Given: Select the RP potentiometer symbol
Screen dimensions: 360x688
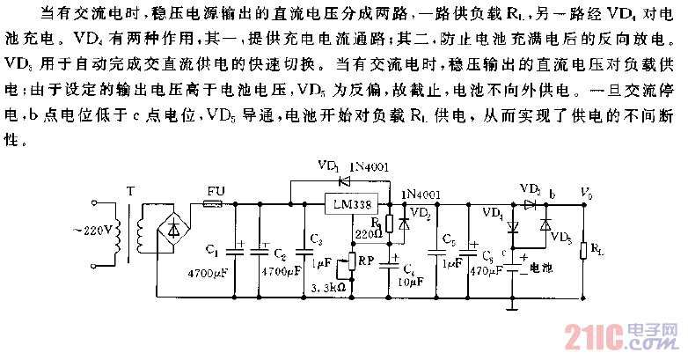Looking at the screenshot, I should (x=351, y=261).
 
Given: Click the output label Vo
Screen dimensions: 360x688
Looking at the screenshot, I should (x=583, y=190).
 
